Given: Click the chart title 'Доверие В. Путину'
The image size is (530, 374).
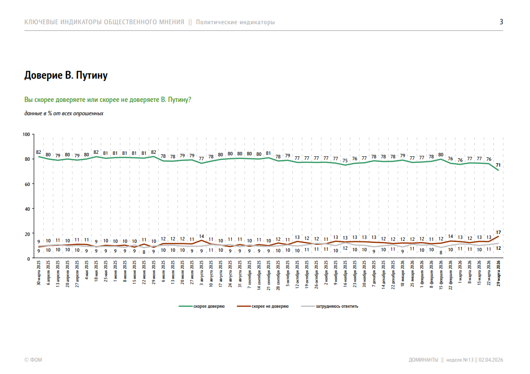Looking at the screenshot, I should click(x=66, y=76).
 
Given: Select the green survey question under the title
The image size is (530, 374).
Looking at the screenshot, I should click(x=107, y=100).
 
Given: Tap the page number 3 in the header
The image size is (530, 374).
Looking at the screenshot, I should click(x=501, y=22).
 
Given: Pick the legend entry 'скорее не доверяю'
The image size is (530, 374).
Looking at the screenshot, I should click(x=270, y=306).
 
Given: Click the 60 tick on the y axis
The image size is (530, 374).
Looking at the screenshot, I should click(x=28, y=184).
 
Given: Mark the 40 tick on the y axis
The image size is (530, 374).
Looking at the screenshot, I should click(x=28, y=209).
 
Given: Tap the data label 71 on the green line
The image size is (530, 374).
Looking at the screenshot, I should click(x=498, y=164).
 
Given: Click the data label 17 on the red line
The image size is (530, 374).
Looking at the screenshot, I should click(x=498, y=232).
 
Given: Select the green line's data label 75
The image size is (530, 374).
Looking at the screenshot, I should click(x=345, y=160).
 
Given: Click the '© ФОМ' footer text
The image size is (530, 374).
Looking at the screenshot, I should click(x=33, y=360).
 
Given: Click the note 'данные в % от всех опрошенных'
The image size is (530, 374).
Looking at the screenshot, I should click(x=64, y=113).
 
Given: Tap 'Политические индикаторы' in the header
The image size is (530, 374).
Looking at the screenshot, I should click(x=235, y=22).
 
